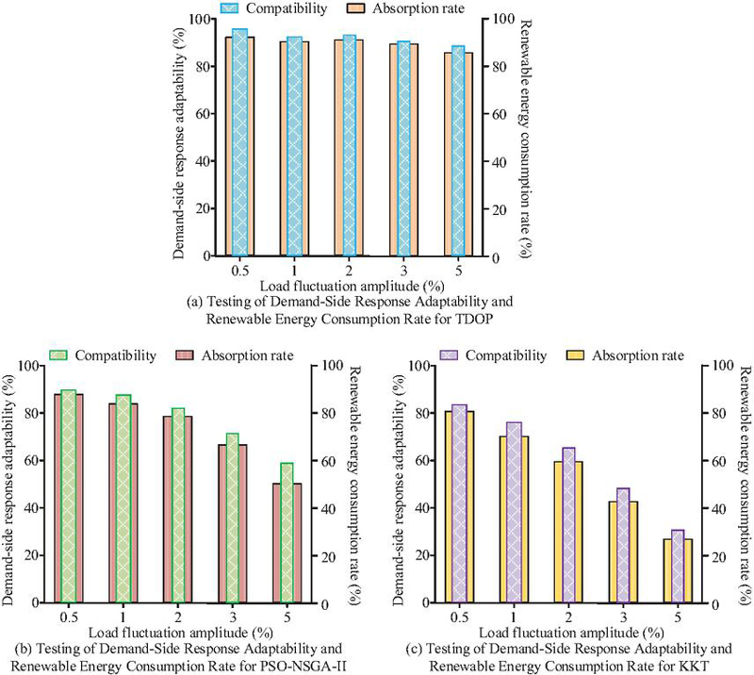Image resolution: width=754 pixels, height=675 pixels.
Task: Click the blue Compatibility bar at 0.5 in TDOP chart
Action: pyautogui.click(x=240, y=142)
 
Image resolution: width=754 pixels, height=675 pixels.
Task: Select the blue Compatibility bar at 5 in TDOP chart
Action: pyautogui.click(x=458, y=151)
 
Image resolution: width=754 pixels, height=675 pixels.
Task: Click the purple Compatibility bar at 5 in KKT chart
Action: pyautogui.click(x=678, y=567)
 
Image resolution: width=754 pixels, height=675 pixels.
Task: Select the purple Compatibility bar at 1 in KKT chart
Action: pyautogui.click(x=514, y=513)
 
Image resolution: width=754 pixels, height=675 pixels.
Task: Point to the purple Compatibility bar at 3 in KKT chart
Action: pyautogui.click(x=623, y=546)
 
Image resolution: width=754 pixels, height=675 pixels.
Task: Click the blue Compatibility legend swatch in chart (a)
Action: pyautogui.click(x=229, y=8)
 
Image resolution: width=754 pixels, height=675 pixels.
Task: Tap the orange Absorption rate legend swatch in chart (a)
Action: pyautogui.click(x=356, y=8)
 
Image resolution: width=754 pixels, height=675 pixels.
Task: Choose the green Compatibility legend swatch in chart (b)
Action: pyautogui.click(x=58, y=355)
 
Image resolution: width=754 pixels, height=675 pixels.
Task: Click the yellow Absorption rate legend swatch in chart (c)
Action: pyautogui.click(x=576, y=355)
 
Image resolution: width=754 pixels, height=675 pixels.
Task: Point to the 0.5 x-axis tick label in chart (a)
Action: pyautogui.click(x=240, y=271)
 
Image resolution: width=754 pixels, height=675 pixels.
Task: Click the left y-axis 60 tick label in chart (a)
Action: pyautogui.click(x=204, y=114)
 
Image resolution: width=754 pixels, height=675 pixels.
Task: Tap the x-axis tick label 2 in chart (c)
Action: pyautogui.click(x=568, y=617)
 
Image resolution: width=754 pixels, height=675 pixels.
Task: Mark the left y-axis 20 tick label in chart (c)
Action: pyautogui.click(x=421, y=555)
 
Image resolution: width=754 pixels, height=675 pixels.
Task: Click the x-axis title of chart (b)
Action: pyautogui.click(x=181, y=633)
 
